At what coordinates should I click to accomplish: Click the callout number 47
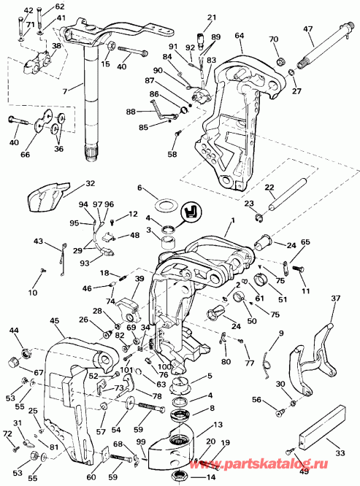tap(308, 29)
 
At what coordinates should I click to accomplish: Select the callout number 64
tap(239, 35)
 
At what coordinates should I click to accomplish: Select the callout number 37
tap(336, 298)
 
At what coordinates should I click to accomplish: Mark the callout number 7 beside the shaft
tap(64, 90)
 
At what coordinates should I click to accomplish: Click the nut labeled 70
tap(280, 56)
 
